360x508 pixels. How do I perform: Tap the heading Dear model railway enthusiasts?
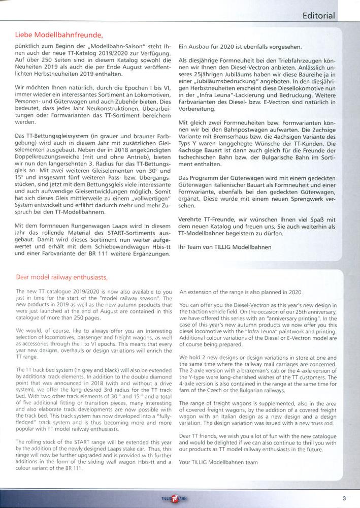coord(61,277)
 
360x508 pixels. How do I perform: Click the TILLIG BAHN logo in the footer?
coord(174,498)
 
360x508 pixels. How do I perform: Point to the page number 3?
coord(344,498)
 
